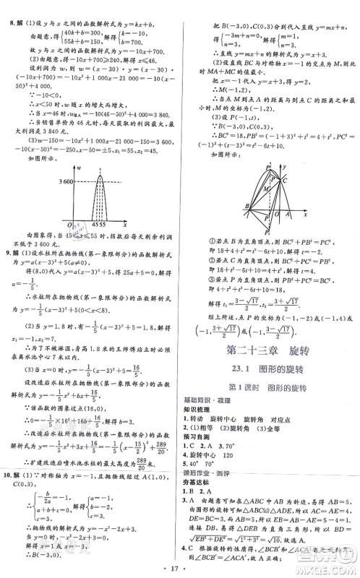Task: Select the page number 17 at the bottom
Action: [179, 569]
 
